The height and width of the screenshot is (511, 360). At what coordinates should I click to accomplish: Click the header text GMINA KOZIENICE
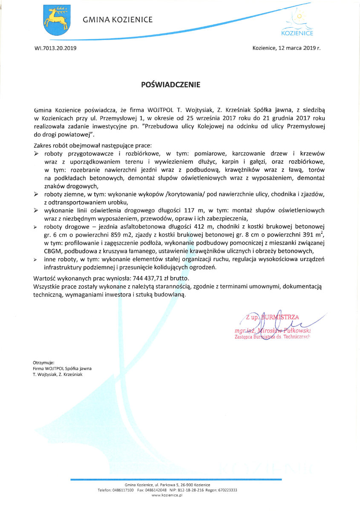tap(118, 20)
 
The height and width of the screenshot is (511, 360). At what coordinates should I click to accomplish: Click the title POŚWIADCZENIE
tap(170, 84)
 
